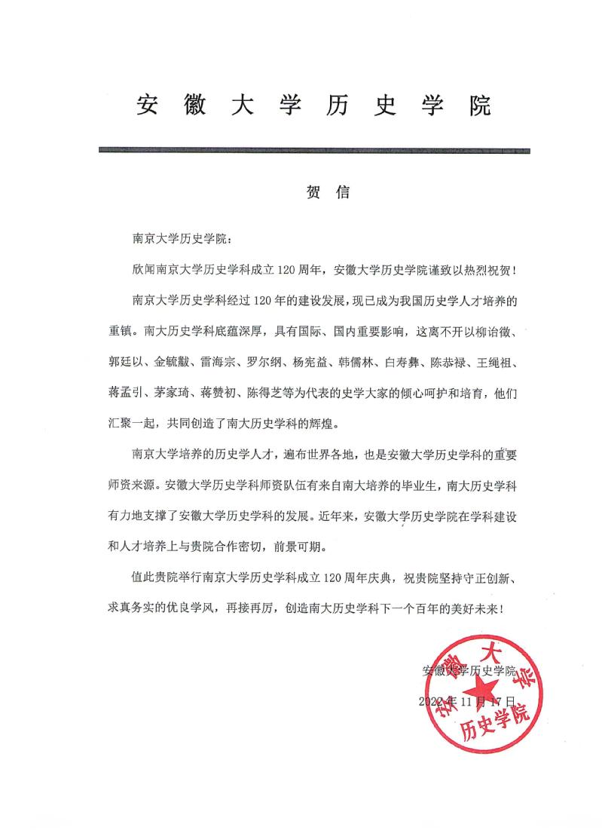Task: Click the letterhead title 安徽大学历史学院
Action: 313,106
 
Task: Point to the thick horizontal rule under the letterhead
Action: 313,151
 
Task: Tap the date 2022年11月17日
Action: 468,701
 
